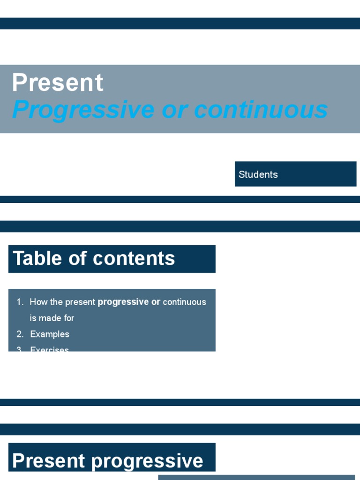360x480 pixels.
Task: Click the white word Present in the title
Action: (57, 83)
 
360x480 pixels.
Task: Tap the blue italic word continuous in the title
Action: (261, 110)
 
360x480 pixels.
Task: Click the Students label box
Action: (295, 174)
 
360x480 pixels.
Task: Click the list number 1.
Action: (20, 302)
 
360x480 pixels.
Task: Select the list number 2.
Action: (20, 334)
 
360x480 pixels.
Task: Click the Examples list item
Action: (50, 334)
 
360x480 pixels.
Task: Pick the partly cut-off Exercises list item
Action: (49, 349)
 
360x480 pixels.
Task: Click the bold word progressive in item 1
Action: (123, 302)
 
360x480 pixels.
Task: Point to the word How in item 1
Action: (37, 302)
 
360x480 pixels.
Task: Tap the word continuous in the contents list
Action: (184, 302)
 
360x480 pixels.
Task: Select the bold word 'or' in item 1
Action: (156, 302)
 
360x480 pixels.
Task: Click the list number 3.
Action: (20, 349)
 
